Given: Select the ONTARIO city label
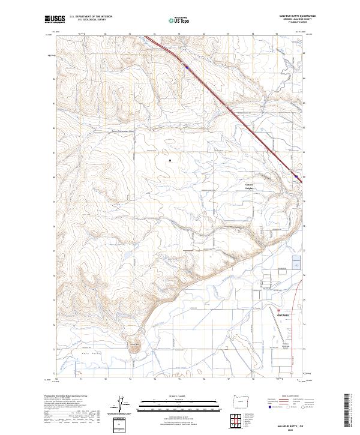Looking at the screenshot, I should click(283, 314).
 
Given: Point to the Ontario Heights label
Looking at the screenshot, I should click(250, 186).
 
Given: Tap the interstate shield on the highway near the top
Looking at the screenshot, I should click(187, 68).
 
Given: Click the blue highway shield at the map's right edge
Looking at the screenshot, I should click(295, 176).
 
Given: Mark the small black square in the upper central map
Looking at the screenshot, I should click(170, 160).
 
